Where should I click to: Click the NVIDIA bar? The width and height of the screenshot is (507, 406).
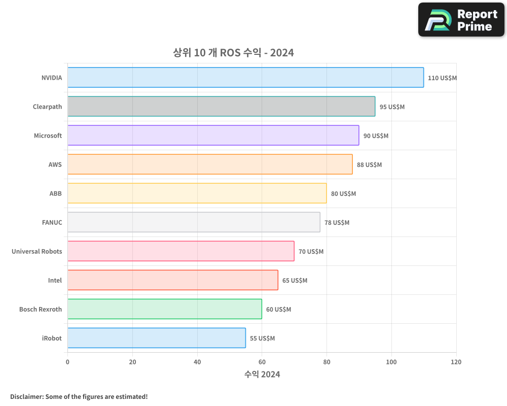coord(245,78)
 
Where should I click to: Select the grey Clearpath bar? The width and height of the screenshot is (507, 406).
coord(221,107)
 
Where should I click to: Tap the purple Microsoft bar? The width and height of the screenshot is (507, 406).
coord(213,136)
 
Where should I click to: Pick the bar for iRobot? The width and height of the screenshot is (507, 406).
coord(156,338)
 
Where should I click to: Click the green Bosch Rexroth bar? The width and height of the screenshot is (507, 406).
coord(164,309)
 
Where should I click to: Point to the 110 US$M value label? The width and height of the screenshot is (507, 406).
coord(442,78)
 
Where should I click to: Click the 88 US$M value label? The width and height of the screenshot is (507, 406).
coord(369,165)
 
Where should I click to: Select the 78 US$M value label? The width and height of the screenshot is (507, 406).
coord(337,223)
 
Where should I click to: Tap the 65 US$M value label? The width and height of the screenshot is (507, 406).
coord(295,281)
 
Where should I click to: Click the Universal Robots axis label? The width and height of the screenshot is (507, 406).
coord(37,252)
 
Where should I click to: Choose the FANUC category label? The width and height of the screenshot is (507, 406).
coord(52,223)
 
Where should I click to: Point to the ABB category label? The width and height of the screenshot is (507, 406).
coord(55,194)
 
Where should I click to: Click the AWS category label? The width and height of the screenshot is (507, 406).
coord(55,165)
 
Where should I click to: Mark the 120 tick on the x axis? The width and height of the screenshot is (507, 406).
coord(456,362)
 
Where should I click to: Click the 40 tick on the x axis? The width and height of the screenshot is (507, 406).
coord(197,362)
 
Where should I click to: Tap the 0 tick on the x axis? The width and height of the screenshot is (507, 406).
coord(67,362)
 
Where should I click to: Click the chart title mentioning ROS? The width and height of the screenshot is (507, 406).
coord(233,53)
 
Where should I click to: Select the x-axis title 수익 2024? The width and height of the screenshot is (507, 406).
coord(262,375)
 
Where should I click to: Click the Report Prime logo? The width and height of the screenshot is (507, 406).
coord(461,20)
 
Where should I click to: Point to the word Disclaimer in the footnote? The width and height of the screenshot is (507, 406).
coord(26,397)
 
